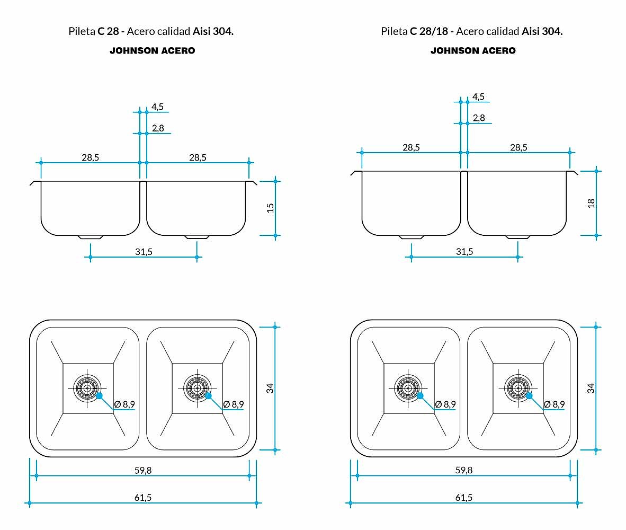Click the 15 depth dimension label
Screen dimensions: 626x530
(x=270, y=208)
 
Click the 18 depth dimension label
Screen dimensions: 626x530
(x=591, y=204)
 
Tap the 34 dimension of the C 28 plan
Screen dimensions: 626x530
(x=270, y=388)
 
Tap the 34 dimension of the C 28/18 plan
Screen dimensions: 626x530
(x=591, y=388)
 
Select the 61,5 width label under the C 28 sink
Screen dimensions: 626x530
(x=143, y=498)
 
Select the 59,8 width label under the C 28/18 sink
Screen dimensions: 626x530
(x=464, y=471)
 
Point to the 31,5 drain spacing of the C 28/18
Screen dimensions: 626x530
(x=464, y=252)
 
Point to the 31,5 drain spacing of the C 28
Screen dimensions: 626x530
(x=144, y=252)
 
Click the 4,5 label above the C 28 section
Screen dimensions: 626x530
(x=157, y=107)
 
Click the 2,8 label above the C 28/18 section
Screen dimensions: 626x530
(x=479, y=118)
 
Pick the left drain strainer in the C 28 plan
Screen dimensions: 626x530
(x=87, y=388)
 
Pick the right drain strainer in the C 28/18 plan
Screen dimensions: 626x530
(x=518, y=388)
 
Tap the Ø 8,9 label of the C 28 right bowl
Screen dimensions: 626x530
(x=234, y=404)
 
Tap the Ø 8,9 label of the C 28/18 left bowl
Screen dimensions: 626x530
(x=445, y=404)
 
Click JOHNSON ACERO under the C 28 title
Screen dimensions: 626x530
(x=153, y=51)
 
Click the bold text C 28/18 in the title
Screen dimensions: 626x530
(x=429, y=31)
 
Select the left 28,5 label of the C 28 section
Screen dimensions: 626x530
(x=90, y=158)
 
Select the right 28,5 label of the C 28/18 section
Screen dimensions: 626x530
(x=518, y=147)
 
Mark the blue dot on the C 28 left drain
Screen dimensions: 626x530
(x=100, y=396)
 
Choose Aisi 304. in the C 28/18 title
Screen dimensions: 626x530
(x=542, y=31)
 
